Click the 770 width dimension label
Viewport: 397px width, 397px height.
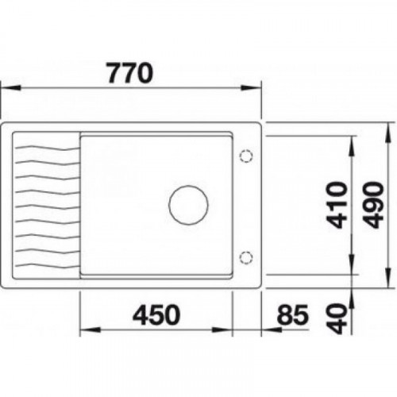[130, 72]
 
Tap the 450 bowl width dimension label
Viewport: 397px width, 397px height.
[156, 315]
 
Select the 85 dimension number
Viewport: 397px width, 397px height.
[292, 315]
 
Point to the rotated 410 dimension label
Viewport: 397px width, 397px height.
[337, 205]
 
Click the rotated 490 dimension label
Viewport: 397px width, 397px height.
[373, 205]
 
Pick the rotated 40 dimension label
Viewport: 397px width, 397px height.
[337, 318]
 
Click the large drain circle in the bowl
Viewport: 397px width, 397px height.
[188, 205]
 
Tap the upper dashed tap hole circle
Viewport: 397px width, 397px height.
[246, 156]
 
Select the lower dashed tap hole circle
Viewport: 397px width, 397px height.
[246, 257]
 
